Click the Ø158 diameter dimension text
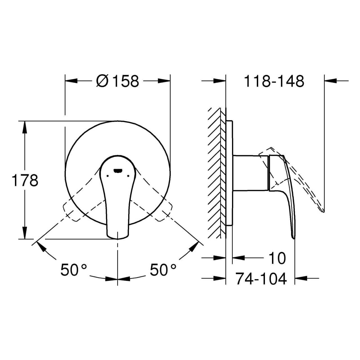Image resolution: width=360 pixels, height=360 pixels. (118, 81)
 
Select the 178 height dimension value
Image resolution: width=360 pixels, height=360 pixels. (25, 180)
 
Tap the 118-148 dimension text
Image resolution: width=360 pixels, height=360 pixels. (274, 81)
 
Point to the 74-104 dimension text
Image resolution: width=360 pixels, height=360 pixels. (261, 278)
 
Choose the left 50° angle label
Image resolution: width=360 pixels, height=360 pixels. (74, 270)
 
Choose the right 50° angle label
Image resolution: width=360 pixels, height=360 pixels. (163, 270)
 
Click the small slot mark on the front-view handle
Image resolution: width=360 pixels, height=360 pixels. (118, 170)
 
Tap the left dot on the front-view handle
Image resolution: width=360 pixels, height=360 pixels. (107, 176)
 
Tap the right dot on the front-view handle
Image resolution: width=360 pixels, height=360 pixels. (128, 176)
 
